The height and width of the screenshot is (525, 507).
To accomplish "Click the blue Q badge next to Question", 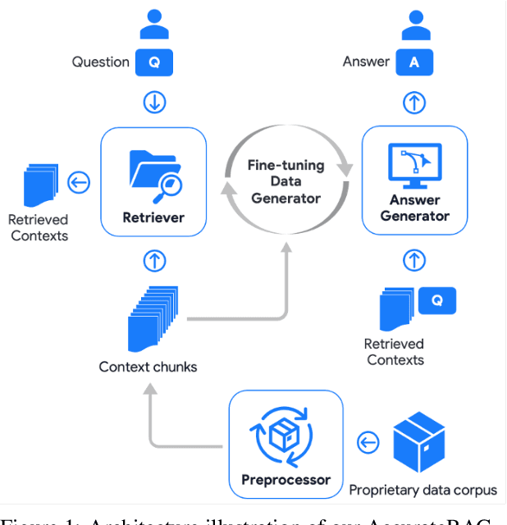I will pos(154,62).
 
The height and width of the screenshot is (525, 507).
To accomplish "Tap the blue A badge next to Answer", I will pos(413,62).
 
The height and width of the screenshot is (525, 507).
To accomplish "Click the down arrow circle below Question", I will pos(154,102).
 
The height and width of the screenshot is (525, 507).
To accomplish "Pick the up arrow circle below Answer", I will pos(414,102).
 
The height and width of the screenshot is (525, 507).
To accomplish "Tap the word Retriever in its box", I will pos(153,217).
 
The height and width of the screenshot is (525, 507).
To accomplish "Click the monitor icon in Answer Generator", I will pos(414,165).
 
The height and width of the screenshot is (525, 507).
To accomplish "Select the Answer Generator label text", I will pos(414,208).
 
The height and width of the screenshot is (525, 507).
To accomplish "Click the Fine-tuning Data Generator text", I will pos(285,181).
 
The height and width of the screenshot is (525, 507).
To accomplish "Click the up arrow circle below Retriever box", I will pos(154,261).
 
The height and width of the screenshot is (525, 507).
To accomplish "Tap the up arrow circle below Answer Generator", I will pos(414,261).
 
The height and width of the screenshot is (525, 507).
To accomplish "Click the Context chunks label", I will pos(148,367).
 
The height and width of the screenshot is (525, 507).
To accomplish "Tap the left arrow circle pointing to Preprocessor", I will pos(368,443).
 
